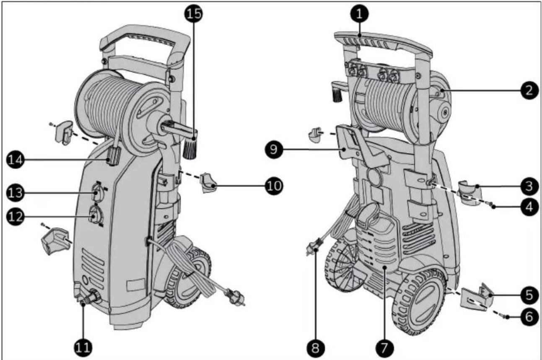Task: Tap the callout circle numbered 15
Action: click(194, 13)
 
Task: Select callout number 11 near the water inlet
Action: click(83, 347)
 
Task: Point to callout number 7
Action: click(385, 347)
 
